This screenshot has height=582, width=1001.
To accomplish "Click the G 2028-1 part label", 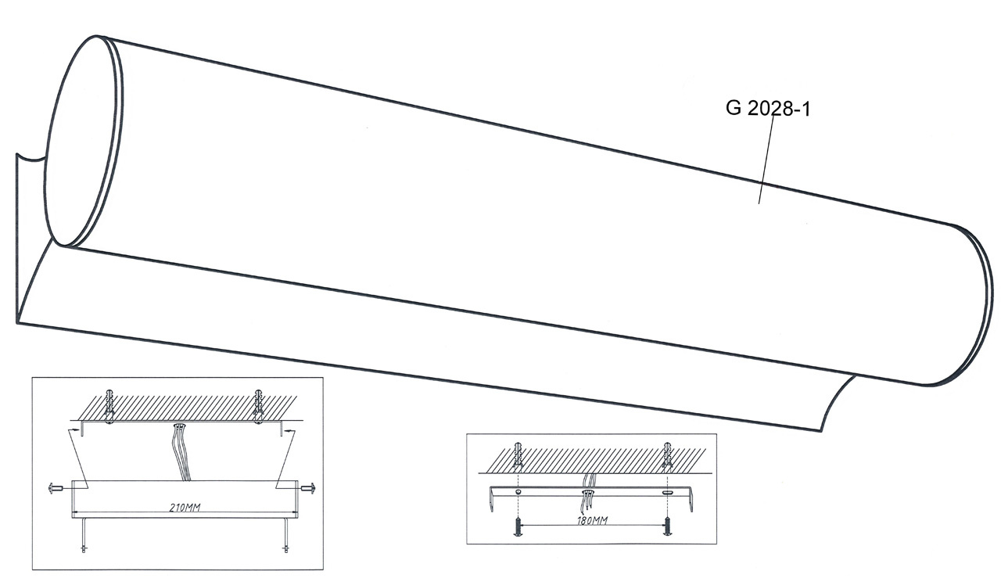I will pyautogui.click(x=768, y=108).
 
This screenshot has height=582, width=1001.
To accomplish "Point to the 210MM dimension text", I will pyautogui.click(x=185, y=508).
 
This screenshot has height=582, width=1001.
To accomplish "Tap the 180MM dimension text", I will pyautogui.click(x=592, y=519).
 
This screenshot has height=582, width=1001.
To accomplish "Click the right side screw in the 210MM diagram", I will pyautogui.click(x=310, y=490).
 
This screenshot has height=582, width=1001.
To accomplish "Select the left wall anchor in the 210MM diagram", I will pyautogui.click(x=111, y=403).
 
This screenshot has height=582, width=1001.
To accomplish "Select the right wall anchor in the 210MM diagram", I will pyautogui.click(x=258, y=403).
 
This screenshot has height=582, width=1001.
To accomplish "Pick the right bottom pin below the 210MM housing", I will pyautogui.click(x=285, y=541).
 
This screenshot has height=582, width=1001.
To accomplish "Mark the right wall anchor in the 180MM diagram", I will pyautogui.click(x=667, y=457).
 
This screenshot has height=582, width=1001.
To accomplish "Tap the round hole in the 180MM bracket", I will pyautogui.click(x=518, y=491).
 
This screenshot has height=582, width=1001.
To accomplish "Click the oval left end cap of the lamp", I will pyautogui.click(x=82, y=141).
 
